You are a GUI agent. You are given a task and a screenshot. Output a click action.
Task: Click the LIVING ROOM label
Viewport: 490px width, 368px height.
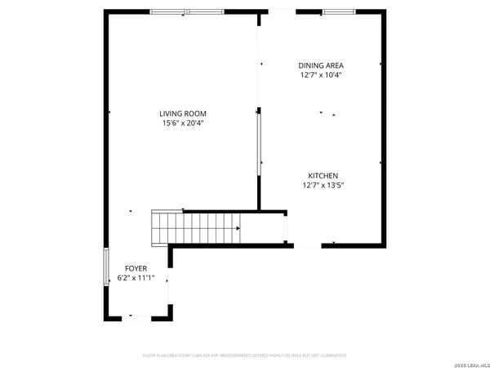[x=183, y=114]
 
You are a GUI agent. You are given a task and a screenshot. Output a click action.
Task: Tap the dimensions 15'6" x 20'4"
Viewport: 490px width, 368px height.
[x=183, y=124]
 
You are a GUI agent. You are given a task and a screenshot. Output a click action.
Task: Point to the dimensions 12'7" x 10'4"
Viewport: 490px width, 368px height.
[x=319, y=74]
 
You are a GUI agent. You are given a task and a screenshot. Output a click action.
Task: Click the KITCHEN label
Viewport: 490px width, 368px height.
[x=323, y=176]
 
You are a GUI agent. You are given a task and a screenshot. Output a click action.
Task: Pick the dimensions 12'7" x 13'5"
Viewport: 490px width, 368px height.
[x=323, y=186]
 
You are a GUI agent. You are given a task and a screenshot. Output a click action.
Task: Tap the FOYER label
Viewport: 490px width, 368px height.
[x=136, y=268]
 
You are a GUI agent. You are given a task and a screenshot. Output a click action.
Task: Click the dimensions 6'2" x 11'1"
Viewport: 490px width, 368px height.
[x=136, y=278]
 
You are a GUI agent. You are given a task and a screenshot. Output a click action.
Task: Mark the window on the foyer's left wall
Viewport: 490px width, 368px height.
[x=105, y=267]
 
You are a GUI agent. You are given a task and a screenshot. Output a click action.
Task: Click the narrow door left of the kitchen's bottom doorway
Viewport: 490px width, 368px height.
[x=285, y=227]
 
